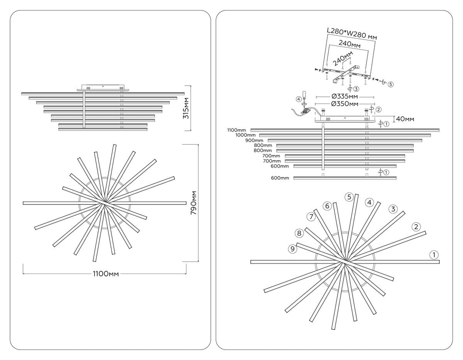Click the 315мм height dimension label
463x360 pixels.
click(x=186, y=108)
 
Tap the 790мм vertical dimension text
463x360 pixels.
click(x=194, y=203)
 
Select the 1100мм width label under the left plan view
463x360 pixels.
click(x=105, y=274)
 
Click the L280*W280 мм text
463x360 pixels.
click(x=351, y=33)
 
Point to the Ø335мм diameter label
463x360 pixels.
click(x=345, y=96)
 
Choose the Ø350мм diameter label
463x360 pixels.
click(x=345, y=104)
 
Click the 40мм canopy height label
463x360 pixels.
click(x=405, y=119)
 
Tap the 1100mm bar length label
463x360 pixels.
click(x=237, y=130)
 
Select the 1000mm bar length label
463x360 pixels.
click(x=245, y=135)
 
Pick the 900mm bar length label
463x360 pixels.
click(x=254, y=140)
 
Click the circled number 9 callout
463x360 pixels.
click(x=293, y=249)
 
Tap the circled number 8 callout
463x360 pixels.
click(x=299, y=233)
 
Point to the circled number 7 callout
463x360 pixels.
click(x=311, y=217)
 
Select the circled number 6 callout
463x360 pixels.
click(x=327, y=206)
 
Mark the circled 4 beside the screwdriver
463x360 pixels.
click(x=299, y=99)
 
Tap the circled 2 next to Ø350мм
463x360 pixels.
click(x=379, y=110)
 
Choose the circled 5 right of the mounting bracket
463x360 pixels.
click(x=390, y=84)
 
